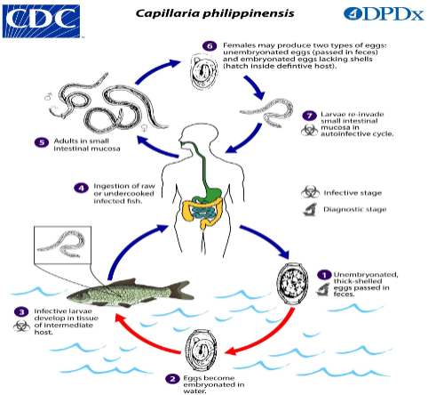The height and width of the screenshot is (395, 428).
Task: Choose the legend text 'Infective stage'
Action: (x=353, y=192)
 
